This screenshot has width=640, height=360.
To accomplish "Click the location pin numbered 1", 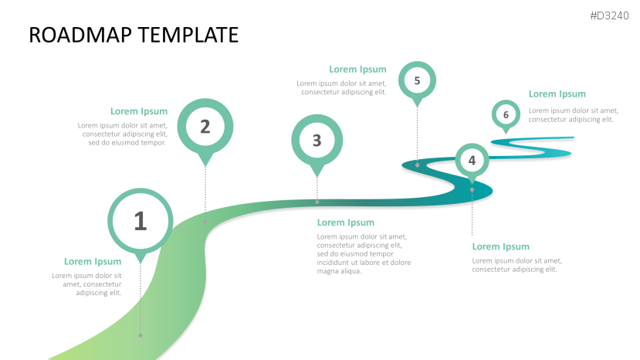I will click(140, 222).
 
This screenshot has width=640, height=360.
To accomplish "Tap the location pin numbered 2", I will click(205, 127).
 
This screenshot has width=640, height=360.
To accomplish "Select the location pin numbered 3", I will click(317, 141).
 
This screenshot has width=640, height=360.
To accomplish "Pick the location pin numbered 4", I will click(472, 161).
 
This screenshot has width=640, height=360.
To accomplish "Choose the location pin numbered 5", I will click(417, 80).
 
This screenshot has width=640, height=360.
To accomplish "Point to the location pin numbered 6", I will click(506, 115).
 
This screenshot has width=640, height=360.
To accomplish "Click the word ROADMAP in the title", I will click(77, 35).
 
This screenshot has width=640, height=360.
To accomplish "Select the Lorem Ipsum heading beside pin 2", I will click(139, 111).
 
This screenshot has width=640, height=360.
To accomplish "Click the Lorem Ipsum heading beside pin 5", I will click(357, 70).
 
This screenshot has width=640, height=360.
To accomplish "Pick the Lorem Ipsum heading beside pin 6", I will click(557, 94).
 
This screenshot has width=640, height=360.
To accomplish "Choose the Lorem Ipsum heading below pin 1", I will click(93, 262).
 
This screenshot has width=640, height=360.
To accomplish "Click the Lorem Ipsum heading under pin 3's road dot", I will click(346, 222).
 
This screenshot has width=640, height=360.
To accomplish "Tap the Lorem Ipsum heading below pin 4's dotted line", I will click(501, 246).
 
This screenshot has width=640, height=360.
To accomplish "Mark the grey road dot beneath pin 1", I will click(140, 335).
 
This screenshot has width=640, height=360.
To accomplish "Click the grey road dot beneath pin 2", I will click(205, 222).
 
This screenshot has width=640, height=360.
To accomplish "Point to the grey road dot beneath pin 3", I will click(317, 202).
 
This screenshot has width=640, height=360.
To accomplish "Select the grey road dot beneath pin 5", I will click(417, 164).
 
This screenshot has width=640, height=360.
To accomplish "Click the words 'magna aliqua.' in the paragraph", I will click(340, 271).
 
